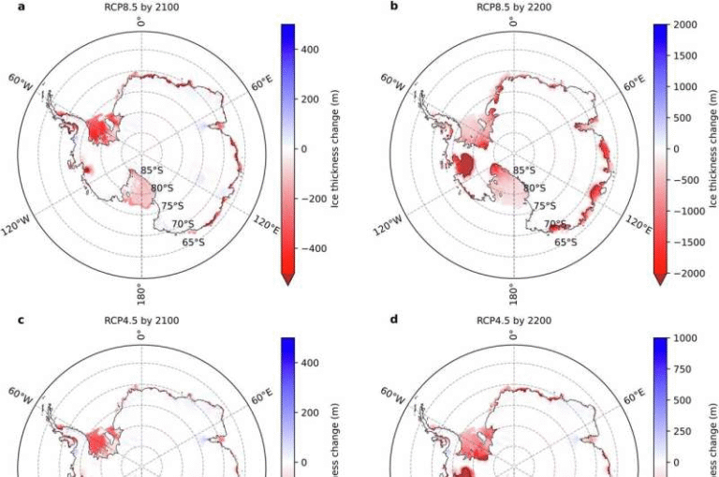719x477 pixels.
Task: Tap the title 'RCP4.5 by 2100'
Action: coord(140,320)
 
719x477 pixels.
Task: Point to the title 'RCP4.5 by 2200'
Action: coord(512,320)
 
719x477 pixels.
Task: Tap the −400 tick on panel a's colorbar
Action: coord(312,249)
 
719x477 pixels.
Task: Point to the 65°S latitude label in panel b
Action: coord(565,242)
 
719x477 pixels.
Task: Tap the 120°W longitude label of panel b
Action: coord(388,225)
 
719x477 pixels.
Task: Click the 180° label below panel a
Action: coord(140,294)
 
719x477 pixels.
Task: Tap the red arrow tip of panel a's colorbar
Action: coord(287,278)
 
